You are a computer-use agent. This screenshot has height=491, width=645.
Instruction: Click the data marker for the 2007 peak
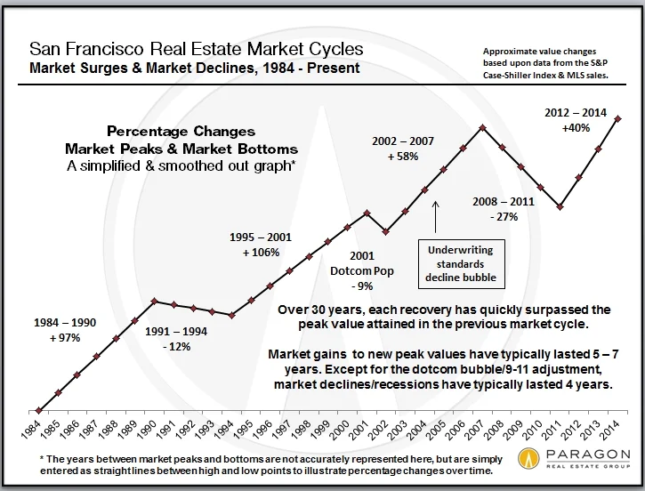tap(481, 127)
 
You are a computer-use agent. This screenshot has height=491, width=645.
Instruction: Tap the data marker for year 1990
tap(154, 301)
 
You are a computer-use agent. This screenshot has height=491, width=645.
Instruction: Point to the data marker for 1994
tap(231, 315)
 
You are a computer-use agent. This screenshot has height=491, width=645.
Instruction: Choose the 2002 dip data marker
tap(385, 231)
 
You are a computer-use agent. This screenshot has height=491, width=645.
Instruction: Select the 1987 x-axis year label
tap(96, 430)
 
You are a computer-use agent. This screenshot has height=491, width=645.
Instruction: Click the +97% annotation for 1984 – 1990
tap(60, 338)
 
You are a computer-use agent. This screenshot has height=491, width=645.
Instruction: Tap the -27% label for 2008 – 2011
tap(503, 217)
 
